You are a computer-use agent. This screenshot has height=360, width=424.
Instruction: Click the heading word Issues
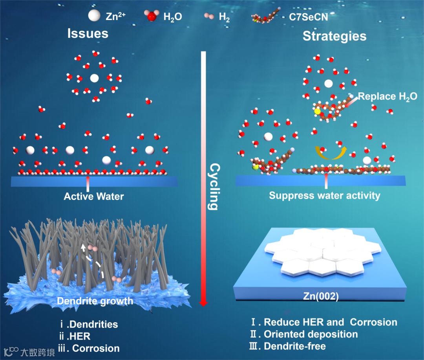pos(88,33)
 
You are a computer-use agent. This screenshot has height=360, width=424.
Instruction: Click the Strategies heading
pos(334,36)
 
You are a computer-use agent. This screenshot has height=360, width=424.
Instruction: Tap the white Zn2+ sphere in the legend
pos(94,16)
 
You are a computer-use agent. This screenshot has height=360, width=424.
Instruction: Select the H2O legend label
pos(172,17)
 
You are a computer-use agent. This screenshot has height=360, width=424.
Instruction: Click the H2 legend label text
pos(225,17)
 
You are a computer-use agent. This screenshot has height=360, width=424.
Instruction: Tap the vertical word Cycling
pos(212,186)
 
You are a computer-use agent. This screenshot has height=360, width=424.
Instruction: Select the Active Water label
pos(94,196)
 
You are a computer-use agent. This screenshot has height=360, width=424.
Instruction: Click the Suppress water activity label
pos(325,195)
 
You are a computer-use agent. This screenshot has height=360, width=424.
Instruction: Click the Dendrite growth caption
pos(95,301)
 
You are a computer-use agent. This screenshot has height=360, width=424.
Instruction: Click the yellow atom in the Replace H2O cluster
pos(317,112)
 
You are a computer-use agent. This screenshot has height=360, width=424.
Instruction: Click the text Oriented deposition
pos(311,334)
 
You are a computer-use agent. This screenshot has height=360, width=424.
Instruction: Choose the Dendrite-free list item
pos(294,346)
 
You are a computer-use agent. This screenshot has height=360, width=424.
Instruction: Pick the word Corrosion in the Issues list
pos(96,348)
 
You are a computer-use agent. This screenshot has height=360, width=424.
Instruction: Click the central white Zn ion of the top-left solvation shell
pos(94,78)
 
